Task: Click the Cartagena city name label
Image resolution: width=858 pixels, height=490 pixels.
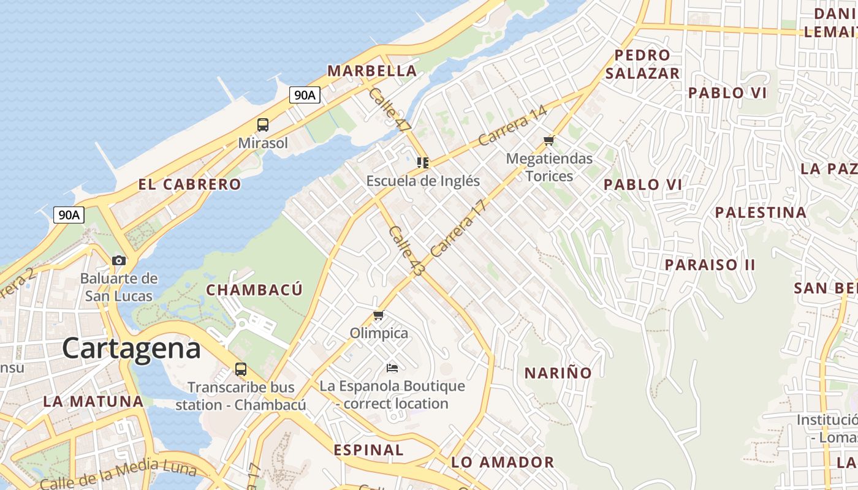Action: (131, 349)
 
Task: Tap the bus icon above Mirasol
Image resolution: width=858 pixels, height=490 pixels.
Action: (263, 125)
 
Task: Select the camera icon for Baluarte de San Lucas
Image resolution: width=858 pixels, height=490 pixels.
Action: (119, 260)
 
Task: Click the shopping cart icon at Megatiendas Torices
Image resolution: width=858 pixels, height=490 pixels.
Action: (549, 141)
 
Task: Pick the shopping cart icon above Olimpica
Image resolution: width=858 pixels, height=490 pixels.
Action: (378, 315)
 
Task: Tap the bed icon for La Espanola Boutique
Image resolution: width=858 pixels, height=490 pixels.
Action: (392, 368)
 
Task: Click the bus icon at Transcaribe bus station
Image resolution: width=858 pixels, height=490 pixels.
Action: (241, 369)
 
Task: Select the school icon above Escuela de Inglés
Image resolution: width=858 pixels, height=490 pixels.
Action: (423, 163)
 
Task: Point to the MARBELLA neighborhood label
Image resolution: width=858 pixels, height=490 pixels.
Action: (372, 71)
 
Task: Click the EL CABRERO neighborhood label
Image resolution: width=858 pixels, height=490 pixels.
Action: (189, 184)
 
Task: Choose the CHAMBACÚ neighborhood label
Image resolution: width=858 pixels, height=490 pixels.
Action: (254, 290)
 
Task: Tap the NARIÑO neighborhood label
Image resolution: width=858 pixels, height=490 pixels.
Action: (558, 372)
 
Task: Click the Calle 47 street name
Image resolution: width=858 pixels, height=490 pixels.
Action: (389, 110)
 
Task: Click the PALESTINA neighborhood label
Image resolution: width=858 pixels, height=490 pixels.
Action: (761, 213)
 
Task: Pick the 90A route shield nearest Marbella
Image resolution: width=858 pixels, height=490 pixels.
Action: (305, 95)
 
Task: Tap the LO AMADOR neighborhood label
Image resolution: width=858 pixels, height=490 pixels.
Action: (503, 462)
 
